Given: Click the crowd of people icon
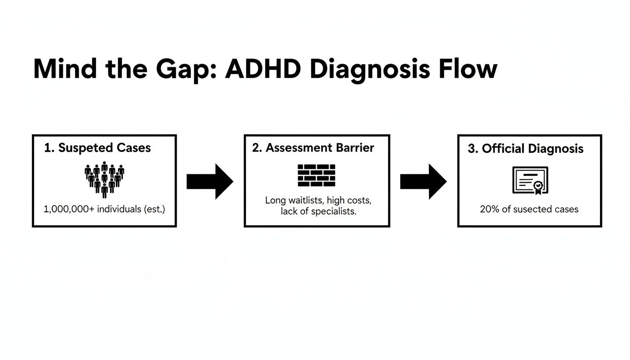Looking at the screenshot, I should (x=104, y=180).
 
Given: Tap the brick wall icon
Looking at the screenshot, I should (x=317, y=175).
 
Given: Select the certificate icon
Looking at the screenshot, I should (x=530, y=180).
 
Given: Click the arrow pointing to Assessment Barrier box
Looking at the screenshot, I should (x=210, y=181).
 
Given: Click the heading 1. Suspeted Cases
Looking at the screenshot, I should (x=97, y=148).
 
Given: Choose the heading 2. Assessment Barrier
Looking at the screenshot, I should (x=313, y=148).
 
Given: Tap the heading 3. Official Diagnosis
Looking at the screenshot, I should (x=525, y=149).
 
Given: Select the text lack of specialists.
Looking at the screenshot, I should (x=319, y=211).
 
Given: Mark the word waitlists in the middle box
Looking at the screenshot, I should (x=307, y=201).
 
